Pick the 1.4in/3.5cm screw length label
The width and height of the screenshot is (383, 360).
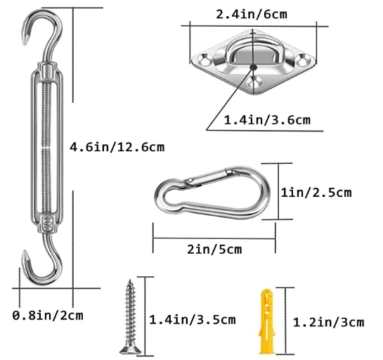coord(192,320)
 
